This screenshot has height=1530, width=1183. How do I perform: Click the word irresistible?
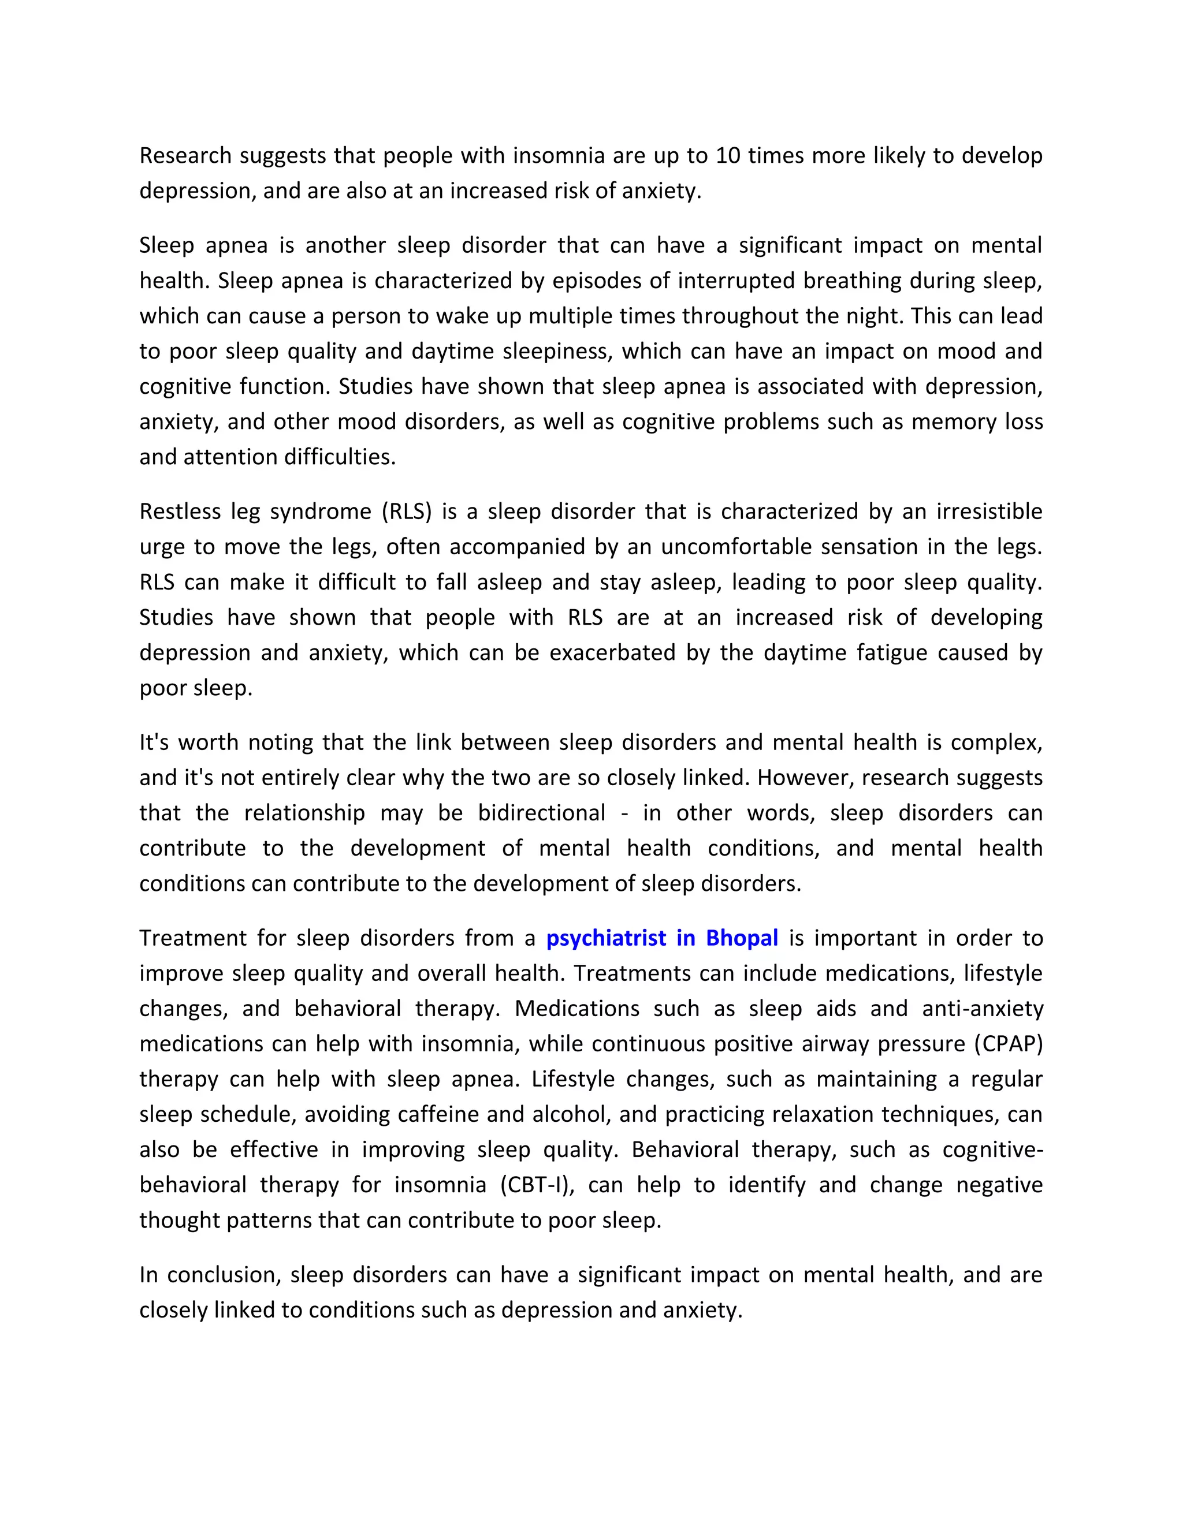coord(989,512)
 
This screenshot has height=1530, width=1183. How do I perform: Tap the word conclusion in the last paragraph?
coord(224,1274)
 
